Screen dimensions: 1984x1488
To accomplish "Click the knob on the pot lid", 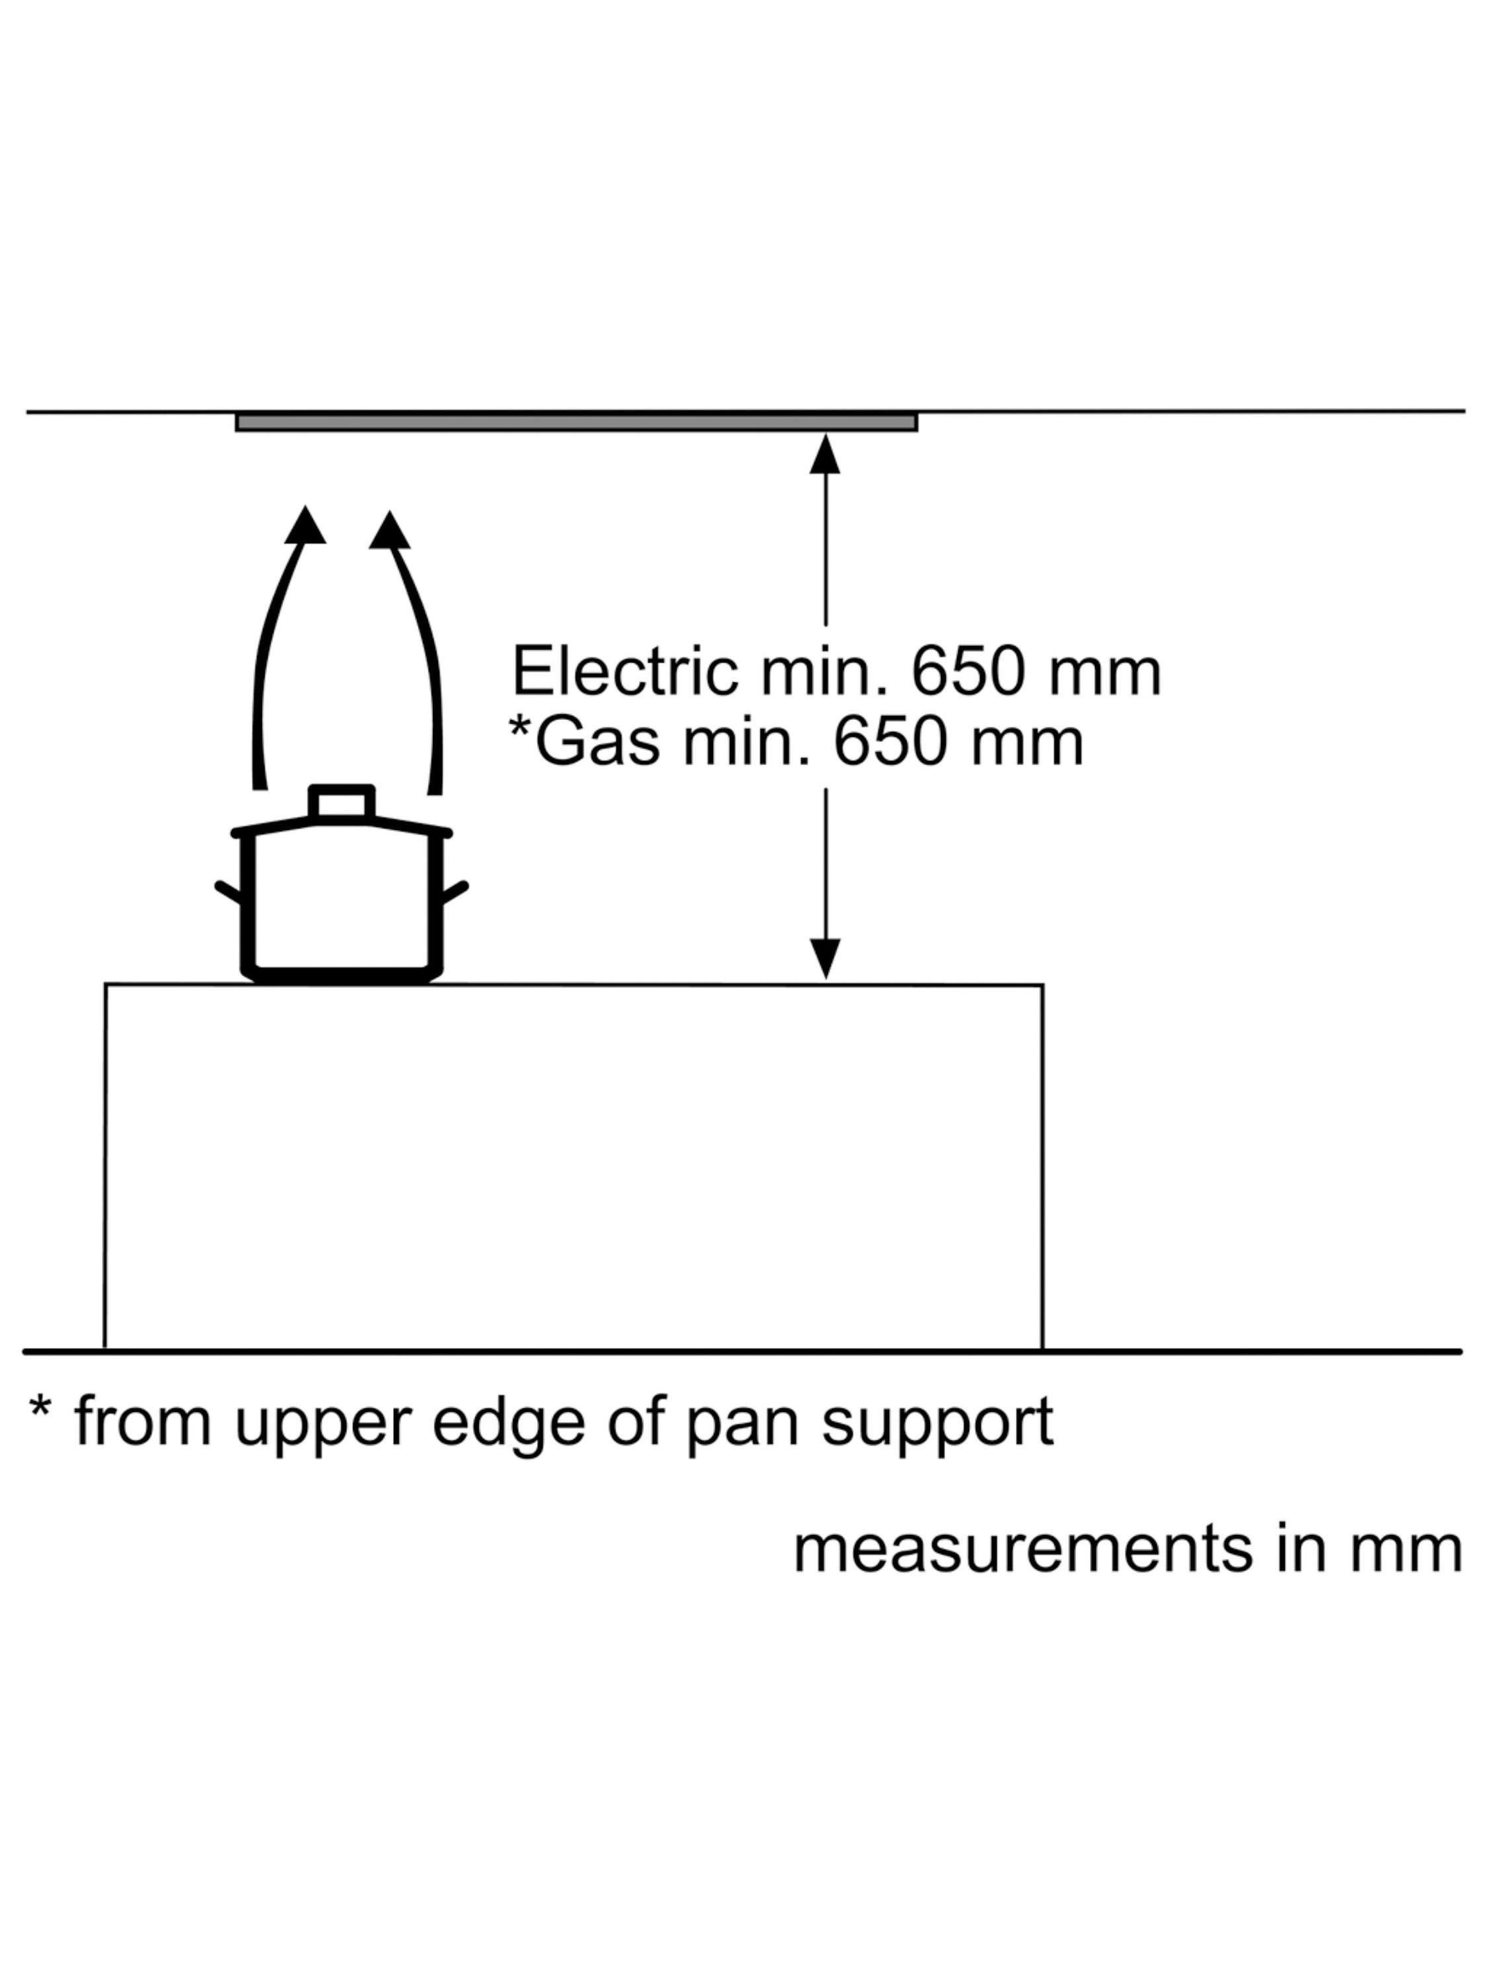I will [342, 801].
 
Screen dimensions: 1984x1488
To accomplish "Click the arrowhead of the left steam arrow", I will [305, 526].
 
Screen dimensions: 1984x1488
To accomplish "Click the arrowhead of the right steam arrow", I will [390, 531].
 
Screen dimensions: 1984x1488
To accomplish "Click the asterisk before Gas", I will [519, 725].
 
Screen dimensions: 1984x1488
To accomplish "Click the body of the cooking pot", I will [341, 901].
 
